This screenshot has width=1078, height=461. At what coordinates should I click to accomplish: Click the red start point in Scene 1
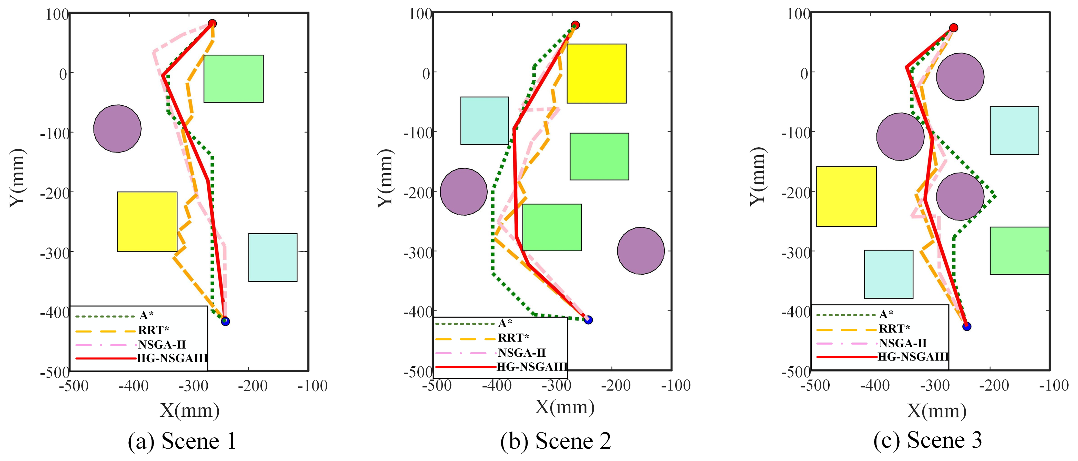pyautogui.click(x=212, y=24)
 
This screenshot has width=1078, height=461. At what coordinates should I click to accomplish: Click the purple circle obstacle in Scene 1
pyautogui.click(x=117, y=128)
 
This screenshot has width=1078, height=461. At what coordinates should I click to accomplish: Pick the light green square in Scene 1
pyautogui.click(x=234, y=79)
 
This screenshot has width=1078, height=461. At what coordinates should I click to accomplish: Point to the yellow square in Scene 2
pyautogui.click(x=596, y=73)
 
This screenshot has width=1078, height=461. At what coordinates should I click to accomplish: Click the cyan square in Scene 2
pyautogui.click(x=485, y=121)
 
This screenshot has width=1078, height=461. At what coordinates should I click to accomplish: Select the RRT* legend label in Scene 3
pyautogui.click(x=894, y=329)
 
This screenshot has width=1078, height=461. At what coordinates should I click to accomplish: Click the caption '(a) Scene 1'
pyautogui.click(x=182, y=441)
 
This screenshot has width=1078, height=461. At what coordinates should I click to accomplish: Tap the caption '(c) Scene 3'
pyautogui.click(x=927, y=440)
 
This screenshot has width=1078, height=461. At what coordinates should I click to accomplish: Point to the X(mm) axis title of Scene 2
pyautogui.click(x=565, y=407)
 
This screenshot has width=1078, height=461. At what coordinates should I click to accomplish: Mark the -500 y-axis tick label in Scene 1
pyautogui.click(x=54, y=372)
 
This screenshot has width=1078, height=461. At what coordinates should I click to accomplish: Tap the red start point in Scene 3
pyautogui.click(x=953, y=28)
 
